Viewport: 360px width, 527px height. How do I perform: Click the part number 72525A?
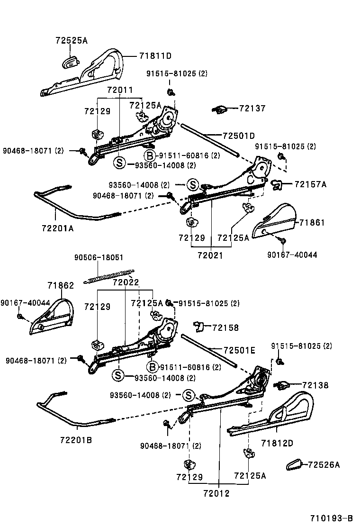(x=72, y=41)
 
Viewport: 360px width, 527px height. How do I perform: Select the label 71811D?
(x=155, y=56)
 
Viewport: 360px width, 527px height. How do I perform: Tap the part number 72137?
(x=252, y=109)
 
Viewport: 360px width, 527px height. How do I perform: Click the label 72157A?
(x=310, y=184)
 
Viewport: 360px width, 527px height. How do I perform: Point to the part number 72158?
(x=225, y=327)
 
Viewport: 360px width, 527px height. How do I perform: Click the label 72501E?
(x=239, y=351)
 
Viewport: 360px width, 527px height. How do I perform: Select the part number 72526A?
(x=324, y=465)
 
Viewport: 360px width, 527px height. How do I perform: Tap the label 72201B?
(x=76, y=439)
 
